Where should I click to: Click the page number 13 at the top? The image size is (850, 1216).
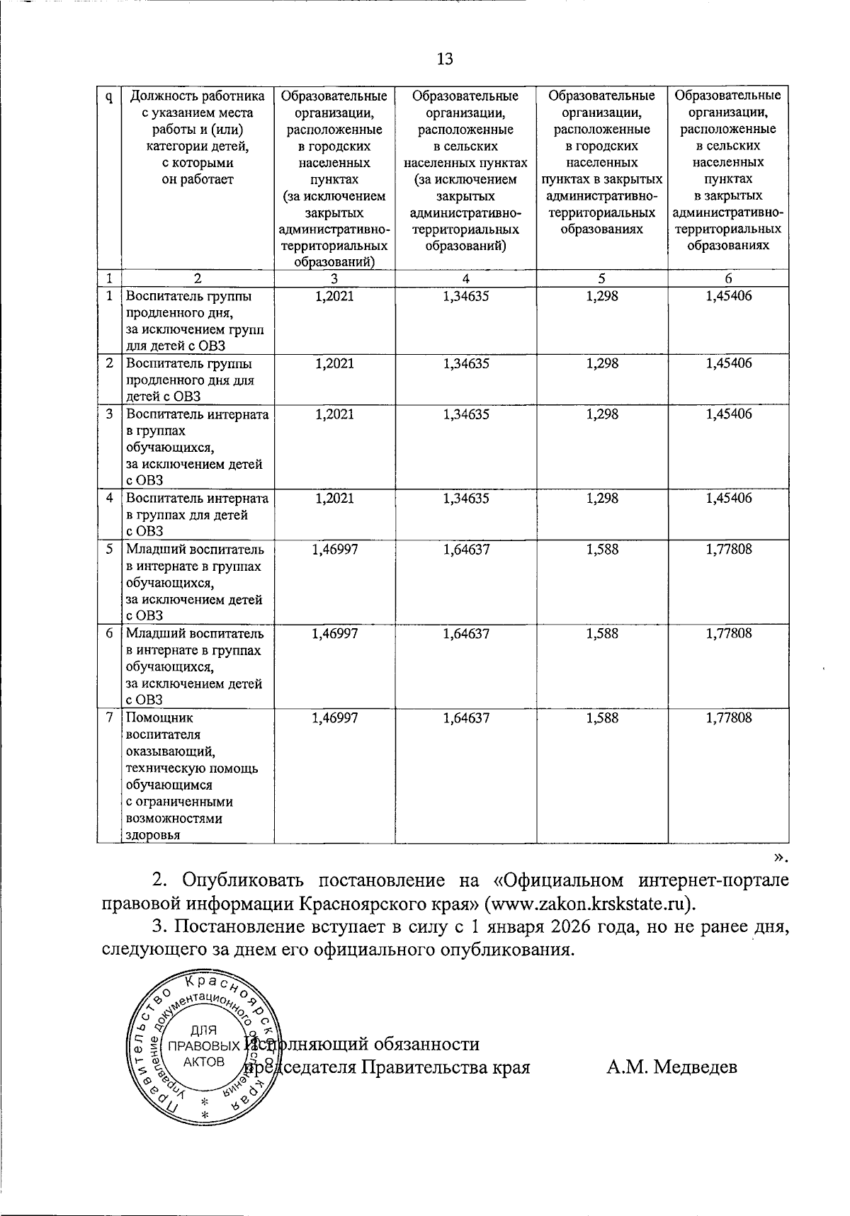[x=444, y=59]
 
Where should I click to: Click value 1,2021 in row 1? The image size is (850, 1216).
[x=334, y=296]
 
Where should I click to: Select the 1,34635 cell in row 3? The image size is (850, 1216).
[x=465, y=414]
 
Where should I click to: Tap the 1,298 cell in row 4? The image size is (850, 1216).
[x=602, y=498]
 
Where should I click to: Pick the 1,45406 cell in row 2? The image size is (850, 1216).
[x=728, y=363]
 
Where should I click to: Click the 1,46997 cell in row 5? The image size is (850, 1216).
[x=334, y=549]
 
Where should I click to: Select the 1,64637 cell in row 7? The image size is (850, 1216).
[x=465, y=717]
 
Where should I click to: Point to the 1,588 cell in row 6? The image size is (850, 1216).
[x=602, y=633]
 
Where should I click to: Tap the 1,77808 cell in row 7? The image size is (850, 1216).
[x=728, y=717]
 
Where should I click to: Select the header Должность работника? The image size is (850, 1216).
[x=198, y=96]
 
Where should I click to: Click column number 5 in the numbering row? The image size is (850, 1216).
[x=602, y=279]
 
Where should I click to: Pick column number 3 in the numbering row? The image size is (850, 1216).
[x=334, y=279]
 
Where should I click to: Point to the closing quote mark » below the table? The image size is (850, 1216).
[x=779, y=858]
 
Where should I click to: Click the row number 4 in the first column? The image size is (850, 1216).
[x=109, y=498]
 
